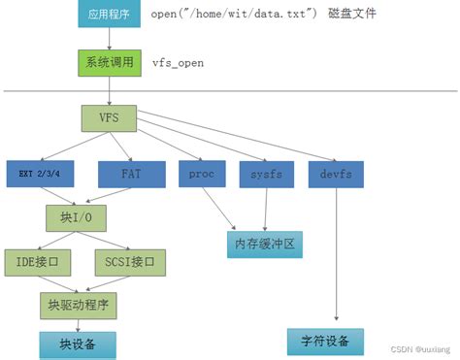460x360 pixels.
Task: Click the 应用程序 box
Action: click(x=109, y=15)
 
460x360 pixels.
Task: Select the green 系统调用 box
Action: click(x=109, y=62)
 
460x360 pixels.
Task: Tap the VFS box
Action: click(x=108, y=120)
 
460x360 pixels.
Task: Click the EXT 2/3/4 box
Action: click(x=41, y=175)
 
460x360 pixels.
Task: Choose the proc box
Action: click(x=201, y=174)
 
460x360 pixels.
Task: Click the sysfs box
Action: click(x=265, y=174)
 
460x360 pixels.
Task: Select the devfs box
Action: click(x=336, y=174)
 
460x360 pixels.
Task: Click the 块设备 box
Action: click(x=76, y=344)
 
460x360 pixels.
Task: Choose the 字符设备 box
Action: click(x=325, y=342)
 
